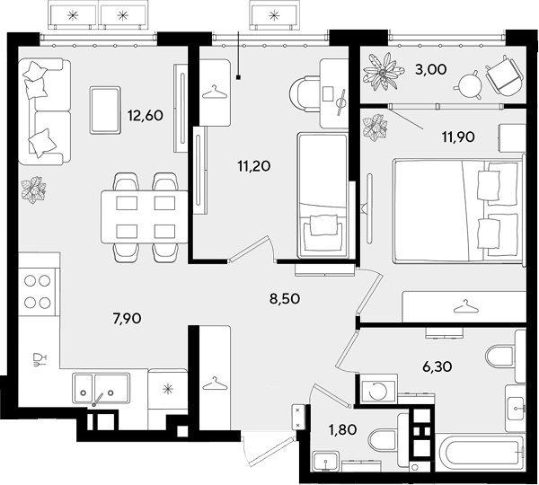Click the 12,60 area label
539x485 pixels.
pyautogui.click(x=145, y=116)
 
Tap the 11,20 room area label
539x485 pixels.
pyautogui.click(x=254, y=166)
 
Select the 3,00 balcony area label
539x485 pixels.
pyautogui.click(x=431, y=69)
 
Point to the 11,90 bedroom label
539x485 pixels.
pyautogui.click(x=458, y=137)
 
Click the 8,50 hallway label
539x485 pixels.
pyautogui.click(x=285, y=299)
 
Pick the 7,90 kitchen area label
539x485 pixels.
pyautogui.click(x=127, y=319)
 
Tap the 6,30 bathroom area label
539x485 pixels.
pyautogui.click(x=437, y=366)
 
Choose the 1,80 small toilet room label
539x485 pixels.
pyautogui.click(x=343, y=429)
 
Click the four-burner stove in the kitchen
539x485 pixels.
pyautogui.click(x=38, y=292)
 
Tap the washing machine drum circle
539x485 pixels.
pyautogui.click(x=378, y=391)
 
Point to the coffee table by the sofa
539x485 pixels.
pyautogui.click(x=105, y=110)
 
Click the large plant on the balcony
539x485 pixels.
pyautogui.click(x=384, y=72)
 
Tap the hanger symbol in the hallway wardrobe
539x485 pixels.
pyautogui.click(x=215, y=384)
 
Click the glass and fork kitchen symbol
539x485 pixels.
pyautogui.click(x=39, y=359)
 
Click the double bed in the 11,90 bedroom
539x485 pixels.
pyautogui.click(x=458, y=210)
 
